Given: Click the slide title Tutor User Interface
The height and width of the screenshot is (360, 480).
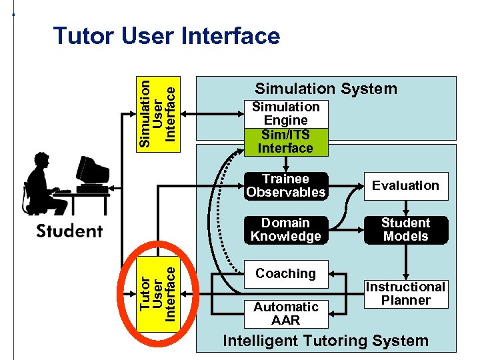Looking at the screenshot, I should pyautogui.click(x=167, y=36).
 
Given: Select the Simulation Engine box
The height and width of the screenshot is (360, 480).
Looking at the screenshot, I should pyautogui.click(x=285, y=113).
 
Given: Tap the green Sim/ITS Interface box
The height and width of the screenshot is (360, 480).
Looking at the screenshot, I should pyautogui.click(x=285, y=141).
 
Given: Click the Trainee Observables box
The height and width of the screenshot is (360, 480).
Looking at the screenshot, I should pyautogui.click(x=285, y=185).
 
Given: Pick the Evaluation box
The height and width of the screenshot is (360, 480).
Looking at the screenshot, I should pyautogui.click(x=405, y=185).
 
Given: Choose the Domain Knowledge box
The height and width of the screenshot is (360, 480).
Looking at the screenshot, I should pyautogui.click(x=285, y=229).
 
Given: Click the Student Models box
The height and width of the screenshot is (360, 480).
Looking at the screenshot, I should pyautogui.click(x=405, y=229).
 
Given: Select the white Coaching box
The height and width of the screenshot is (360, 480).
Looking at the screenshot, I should pyautogui.click(x=285, y=273).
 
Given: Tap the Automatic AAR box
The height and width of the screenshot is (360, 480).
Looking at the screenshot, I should pyautogui.click(x=285, y=313).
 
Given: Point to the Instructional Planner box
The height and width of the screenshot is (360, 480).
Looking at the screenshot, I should pyautogui.click(x=405, y=293).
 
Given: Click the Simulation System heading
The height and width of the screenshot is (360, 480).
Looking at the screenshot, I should pyautogui.click(x=326, y=89).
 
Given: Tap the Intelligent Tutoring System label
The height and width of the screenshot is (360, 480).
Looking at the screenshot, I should pyautogui.click(x=325, y=341).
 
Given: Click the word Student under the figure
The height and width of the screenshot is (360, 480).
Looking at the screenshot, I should pyautogui.click(x=69, y=231).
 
